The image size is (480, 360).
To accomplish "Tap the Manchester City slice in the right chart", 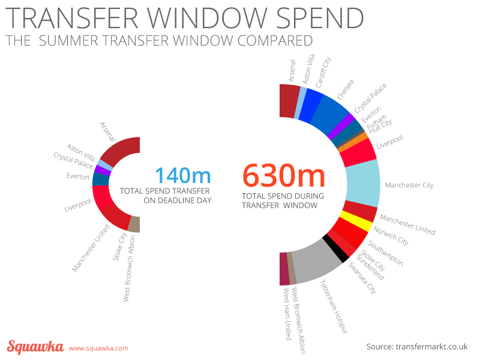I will (364, 183).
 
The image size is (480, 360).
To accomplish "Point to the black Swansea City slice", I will (335, 248).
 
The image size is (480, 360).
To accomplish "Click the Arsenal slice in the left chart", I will (122, 150).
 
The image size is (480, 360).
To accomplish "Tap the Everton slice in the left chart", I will (100, 179).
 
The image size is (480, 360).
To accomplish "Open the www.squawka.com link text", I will (98, 348).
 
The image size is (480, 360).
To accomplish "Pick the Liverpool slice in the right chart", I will (358, 153).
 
